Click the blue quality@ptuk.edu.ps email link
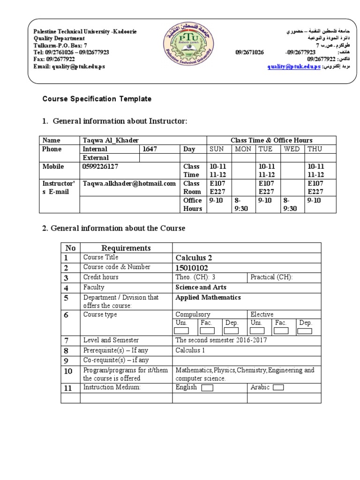tap(294, 67)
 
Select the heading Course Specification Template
tap(97, 99)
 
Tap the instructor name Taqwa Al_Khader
tap(111, 140)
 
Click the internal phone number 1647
tap(150, 149)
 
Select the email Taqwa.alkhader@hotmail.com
tap(129, 184)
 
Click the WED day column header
tap(292, 149)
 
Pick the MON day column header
tap(243, 149)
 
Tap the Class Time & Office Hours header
tap(271, 140)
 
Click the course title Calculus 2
tap(194, 258)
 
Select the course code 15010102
tap(193, 268)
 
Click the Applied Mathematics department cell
tap(208, 298)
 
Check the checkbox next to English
tap(207, 388)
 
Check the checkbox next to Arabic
tap(277, 388)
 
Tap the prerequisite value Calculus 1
tap(191, 350)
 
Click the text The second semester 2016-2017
tap(221, 340)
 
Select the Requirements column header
tap(126, 248)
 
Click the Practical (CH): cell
tap(271, 277)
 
